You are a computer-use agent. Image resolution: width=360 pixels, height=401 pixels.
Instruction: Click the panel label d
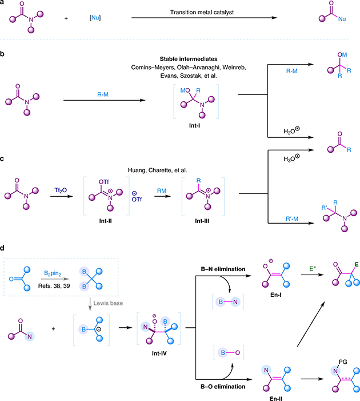pyautogui.click(x=3, y=249)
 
